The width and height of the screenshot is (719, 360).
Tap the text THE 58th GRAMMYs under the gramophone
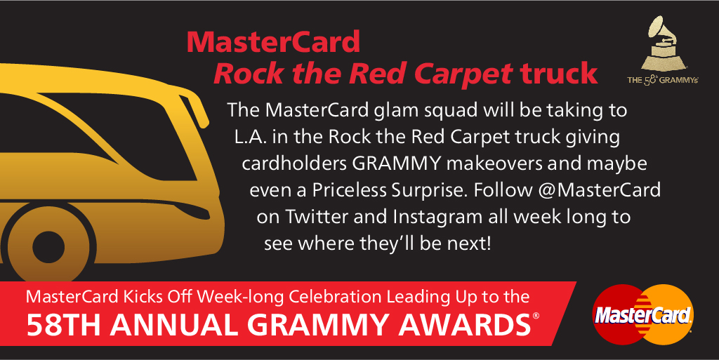(663, 80)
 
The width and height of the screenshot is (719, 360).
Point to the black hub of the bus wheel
(48, 247)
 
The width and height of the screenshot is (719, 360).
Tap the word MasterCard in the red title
(273, 42)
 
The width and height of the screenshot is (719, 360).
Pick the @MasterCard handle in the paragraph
(600, 190)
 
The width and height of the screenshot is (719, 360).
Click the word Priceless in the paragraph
(350, 190)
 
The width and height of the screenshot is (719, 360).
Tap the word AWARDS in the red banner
(465, 325)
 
